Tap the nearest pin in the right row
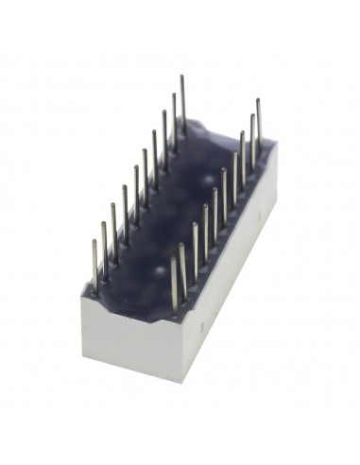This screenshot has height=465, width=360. (174, 284)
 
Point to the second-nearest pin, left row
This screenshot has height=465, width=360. (104, 248)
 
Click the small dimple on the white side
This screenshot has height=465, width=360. (199, 329)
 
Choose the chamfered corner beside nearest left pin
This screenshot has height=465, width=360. (88, 293)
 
